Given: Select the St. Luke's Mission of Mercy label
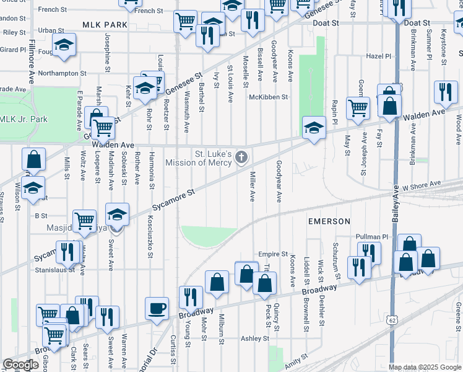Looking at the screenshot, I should (198, 158).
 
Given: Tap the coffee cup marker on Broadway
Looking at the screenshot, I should (157, 308).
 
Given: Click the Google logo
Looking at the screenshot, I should (20, 365).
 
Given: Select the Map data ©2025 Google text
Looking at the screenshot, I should (424, 367).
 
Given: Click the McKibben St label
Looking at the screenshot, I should (269, 97).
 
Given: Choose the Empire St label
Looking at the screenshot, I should (270, 254).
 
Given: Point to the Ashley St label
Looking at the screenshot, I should (255, 339).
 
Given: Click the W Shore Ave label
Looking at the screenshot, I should (422, 185).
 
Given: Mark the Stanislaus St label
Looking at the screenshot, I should (54, 270).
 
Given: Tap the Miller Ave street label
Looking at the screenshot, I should (252, 187).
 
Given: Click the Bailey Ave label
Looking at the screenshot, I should (393, 201).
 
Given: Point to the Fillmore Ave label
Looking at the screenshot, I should (30, 63).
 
